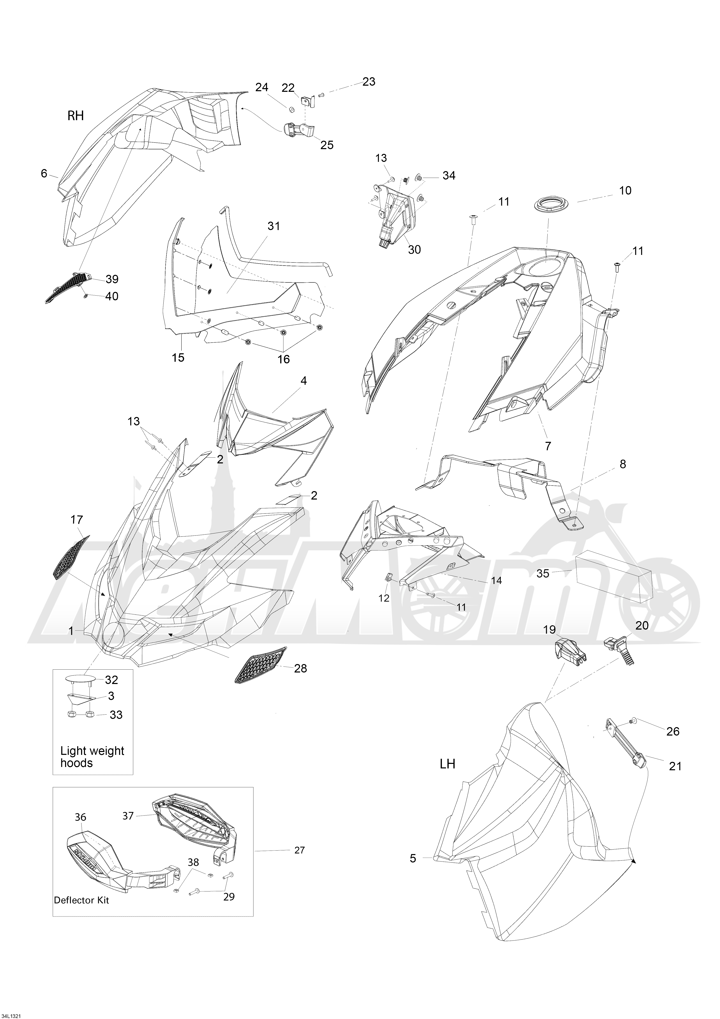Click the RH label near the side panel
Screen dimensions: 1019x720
click(75, 116)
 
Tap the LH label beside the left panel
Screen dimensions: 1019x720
click(447, 764)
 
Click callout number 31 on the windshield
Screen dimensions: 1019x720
click(274, 226)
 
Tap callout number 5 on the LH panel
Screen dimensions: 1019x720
click(413, 859)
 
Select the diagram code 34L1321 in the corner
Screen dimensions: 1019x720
click(11, 1012)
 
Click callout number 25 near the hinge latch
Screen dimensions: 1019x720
click(327, 145)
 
